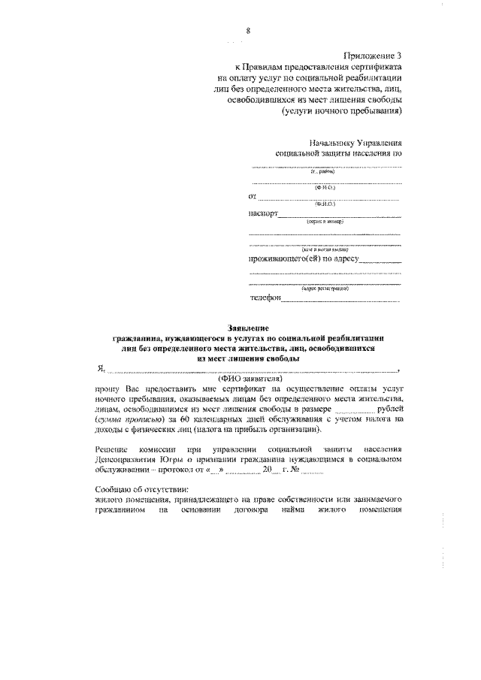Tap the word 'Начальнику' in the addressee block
(x=334, y=141)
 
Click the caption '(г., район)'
(x=325, y=172)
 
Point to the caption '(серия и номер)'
(x=325, y=222)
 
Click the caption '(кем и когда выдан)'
(x=325, y=249)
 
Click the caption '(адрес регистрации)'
(x=325, y=288)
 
